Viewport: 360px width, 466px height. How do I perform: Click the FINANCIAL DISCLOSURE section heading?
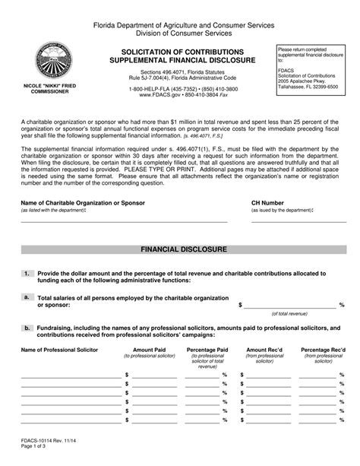coord(180,249)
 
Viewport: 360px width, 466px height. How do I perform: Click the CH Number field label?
coord(267,204)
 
